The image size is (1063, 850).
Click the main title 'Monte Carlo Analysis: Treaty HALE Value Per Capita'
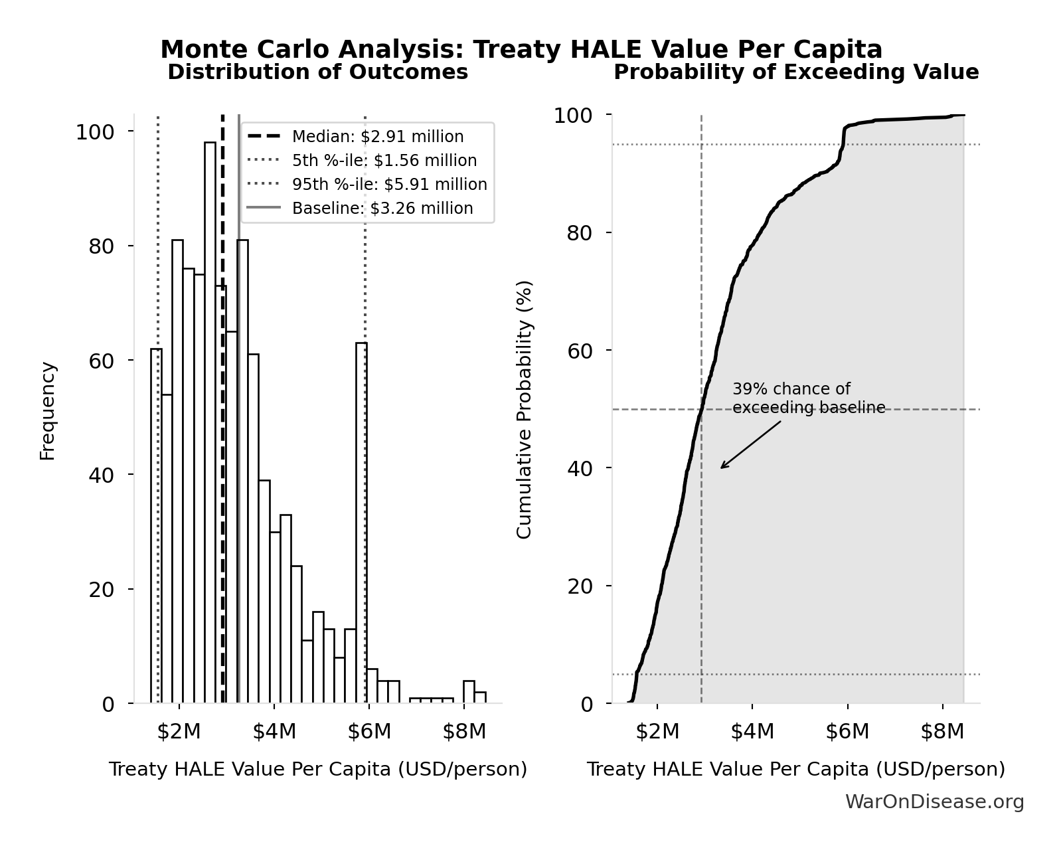(x=521, y=49)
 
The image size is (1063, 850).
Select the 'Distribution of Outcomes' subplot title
(x=317, y=72)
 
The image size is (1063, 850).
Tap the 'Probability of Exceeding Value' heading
(x=795, y=72)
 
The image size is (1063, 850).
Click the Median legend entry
(x=377, y=137)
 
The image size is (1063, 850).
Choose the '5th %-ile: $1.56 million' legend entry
(x=384, y=161)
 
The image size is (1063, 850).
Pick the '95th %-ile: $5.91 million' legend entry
(x=389, y=185)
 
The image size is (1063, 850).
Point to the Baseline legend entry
(x=382, y=209)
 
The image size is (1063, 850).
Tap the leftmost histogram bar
(x=156, y=525)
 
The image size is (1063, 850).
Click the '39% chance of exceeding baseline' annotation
(x=808, y=398)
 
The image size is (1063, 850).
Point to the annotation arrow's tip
(x=722, y=467)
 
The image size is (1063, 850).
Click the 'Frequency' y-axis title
(x=48, y=410)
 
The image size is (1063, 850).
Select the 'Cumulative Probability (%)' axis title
(x=524, y=409)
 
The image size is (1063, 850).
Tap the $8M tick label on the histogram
(x=464, y=732)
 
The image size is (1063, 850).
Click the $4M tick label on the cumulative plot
(x=752, y=732)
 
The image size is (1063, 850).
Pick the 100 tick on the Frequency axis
(x=95, y=132)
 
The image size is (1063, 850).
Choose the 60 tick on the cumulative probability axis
(x=580, y=351)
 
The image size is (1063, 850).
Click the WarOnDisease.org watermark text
(x=934, y=802)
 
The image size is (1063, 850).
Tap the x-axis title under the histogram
(x=317, y=770)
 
